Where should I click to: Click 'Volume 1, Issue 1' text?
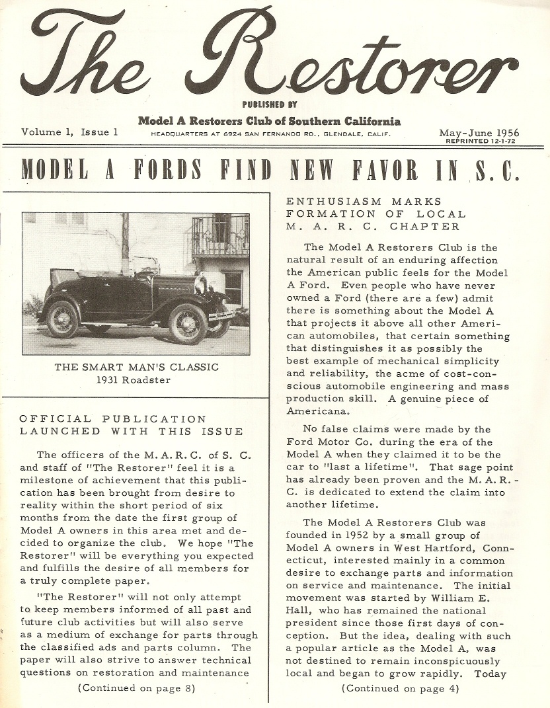pos(69,132)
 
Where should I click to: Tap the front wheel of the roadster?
pos(188,323)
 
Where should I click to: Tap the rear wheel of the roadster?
pos(62,319)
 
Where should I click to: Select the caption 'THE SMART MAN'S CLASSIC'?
pos(137,368)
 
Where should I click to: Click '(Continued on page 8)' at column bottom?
pos(136,688)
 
